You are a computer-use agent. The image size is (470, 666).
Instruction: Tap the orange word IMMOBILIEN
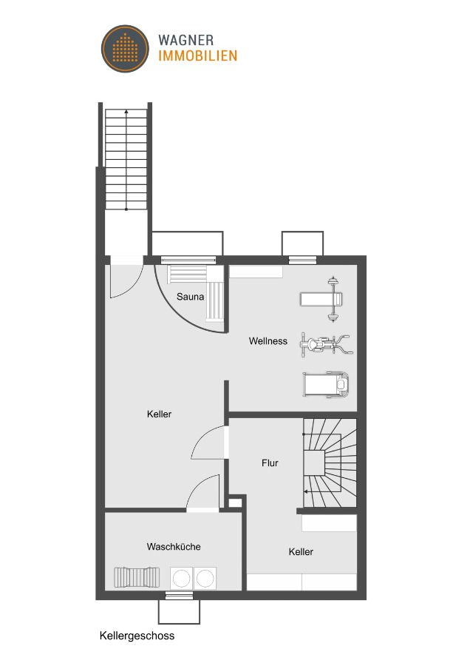click(197, 55)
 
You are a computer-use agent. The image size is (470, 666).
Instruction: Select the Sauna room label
click(190, 297)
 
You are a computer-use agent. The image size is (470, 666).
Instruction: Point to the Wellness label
click(268, 341)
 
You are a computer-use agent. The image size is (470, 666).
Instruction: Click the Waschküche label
click(174, 547)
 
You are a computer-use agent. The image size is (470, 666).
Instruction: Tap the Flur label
click(270, 463)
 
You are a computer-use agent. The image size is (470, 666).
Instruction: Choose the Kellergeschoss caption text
click(137, 635)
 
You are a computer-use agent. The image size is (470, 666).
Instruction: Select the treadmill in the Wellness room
click(325, 385)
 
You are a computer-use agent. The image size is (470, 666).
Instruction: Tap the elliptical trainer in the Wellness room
click(324, 343)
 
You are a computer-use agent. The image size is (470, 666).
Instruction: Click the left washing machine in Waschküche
click(181, 576)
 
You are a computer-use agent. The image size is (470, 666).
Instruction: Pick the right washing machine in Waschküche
click(205, 576)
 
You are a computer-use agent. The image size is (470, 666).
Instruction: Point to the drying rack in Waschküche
click(137, 576)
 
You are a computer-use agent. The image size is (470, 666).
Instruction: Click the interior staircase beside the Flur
click(330, 462)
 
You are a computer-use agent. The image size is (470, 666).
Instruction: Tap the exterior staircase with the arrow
click(126, 159)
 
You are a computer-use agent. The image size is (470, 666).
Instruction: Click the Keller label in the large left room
click(159, 414)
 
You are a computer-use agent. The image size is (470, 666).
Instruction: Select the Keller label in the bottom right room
click(301, 552)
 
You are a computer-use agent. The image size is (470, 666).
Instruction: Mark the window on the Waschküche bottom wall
click(178, 594)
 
